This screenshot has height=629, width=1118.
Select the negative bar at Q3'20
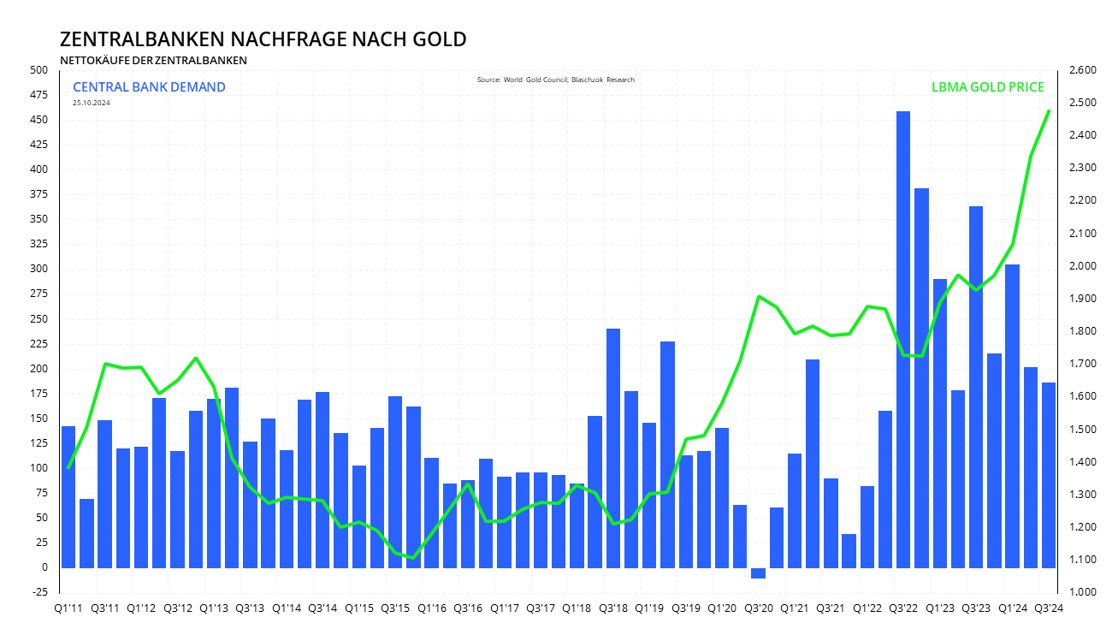(758, 573)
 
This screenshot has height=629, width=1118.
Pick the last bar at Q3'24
(1048, 475)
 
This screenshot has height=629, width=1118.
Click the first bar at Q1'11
(68, 496)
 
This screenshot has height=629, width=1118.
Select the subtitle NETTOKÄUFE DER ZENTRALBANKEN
(153, 60)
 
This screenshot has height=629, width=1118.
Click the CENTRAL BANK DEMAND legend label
(149, 86)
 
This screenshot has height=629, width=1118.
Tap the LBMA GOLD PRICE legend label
(987, 87)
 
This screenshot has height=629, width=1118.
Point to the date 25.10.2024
(91, 103)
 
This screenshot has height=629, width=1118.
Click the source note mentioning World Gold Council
(555, 80)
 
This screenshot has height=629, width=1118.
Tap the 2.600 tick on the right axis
(1084, 70)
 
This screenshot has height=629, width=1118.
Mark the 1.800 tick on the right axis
(1084, 331)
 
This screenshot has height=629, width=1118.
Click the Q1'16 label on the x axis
(431, 608)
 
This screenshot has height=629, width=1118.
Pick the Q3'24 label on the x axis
(1049, 608)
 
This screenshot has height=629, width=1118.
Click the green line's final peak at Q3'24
(1049, 110)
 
